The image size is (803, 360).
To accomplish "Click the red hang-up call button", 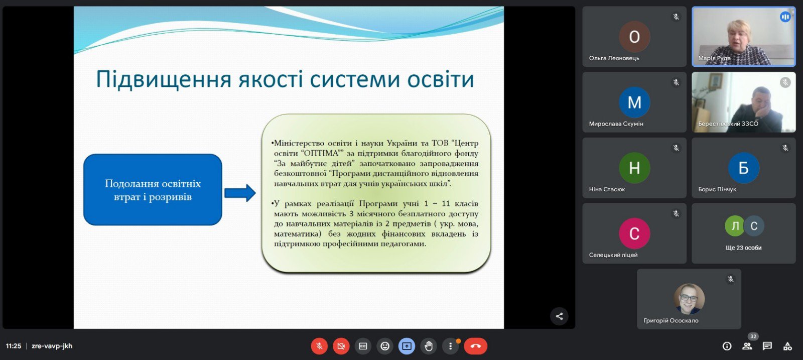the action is (x=475, y=346).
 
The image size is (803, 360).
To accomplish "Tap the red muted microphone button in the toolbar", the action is (x=319, y=346).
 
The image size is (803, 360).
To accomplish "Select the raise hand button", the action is (x=429, y=346).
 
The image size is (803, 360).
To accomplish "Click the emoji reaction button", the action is (x=384, y=346).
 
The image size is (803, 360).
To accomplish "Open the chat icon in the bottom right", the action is (x=767, y=346).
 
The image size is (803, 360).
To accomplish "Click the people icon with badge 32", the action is (x=747, y=346).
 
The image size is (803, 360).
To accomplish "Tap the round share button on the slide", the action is (x=559, y=316).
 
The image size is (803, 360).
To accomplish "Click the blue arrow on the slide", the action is (x=240, y=193).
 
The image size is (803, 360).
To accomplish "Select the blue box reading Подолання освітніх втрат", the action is (x=153, y=190).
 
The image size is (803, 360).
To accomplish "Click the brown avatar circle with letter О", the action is (x=634, y=37).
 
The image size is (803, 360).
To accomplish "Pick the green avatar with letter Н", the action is (x=634, y=168).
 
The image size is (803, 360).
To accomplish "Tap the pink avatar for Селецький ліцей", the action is (x=634, y=233).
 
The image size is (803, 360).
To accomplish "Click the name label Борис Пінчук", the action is (x=717, y=189).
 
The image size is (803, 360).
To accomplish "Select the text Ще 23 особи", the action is (x=743, y=248).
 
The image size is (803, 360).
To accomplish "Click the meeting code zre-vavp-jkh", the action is (x=52, y=346).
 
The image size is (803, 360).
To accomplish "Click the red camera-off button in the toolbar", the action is (x=341, y=346).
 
